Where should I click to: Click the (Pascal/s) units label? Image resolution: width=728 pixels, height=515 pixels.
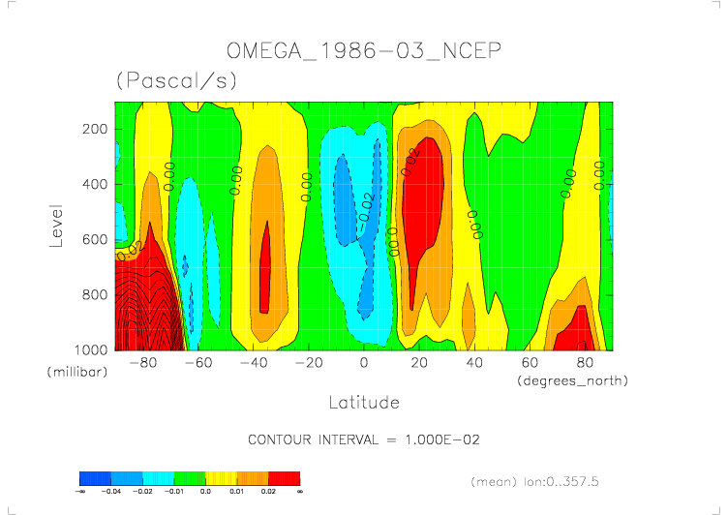click(176, 81)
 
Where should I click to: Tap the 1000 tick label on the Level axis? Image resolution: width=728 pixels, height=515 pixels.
click(92, 348)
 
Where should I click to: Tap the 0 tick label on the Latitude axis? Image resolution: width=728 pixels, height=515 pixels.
click(364, 362)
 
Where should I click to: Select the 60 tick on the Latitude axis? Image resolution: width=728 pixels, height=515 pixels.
click(530, 362)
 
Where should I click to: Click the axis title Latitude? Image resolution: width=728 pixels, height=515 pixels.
click(363, 401)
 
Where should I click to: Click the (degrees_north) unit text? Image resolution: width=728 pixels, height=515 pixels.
click(572, 380)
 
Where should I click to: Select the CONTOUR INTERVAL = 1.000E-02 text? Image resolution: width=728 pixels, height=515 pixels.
click(364, 439)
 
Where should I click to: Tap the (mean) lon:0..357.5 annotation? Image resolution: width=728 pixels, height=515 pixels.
click(548, 480)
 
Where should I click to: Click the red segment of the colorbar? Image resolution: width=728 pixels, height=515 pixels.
click(284, 477)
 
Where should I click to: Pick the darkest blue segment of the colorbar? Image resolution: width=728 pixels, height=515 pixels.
click(95, 477)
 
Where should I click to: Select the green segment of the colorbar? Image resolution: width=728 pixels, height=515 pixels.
click(189, 477)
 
